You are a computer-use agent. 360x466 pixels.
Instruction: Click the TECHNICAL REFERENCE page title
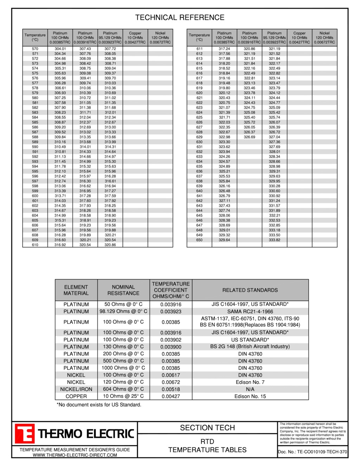[180, 18]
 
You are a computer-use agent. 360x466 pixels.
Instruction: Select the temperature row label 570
[35, 49]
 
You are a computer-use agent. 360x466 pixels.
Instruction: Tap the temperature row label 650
[199, 240]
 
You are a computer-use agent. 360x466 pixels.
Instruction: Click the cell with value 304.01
[60, 49]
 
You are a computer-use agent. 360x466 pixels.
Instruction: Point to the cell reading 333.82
[275, 240]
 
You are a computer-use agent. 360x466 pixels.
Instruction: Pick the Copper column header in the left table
[135, 38]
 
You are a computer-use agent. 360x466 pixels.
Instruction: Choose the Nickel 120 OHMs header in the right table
[324, 38]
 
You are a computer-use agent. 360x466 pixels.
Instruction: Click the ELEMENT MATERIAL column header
[76, 290]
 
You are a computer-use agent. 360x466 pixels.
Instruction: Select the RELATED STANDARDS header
[250, 290]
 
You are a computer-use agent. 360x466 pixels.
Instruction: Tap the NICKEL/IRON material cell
[76, 389]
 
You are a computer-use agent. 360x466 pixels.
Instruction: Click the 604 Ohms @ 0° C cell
[123, 389]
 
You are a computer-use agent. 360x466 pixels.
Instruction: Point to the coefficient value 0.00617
[171, 375]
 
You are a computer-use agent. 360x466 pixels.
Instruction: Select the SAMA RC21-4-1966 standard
[250, 312]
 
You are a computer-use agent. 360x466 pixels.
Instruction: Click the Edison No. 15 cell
[250, 396]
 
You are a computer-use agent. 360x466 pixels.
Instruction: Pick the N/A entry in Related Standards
[250, 389]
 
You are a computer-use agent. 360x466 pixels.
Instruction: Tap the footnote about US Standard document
[99, 405]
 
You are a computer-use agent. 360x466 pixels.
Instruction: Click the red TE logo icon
[25, 434]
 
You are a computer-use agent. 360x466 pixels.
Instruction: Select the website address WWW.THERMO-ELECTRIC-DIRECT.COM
[75, 455]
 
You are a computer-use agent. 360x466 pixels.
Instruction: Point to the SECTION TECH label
[207, 428]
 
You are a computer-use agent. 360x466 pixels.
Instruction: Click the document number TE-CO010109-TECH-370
[313, 452]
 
